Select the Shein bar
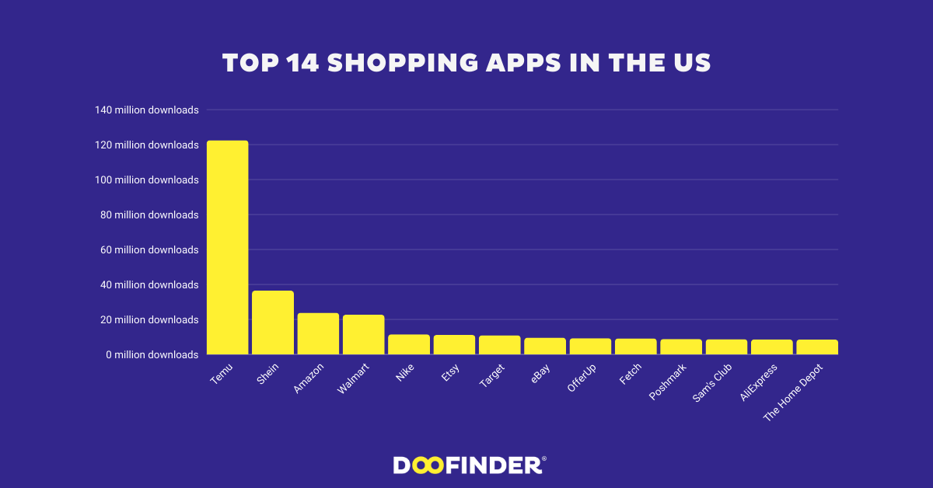(x=273, y=322)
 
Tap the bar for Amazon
(x=318, y=333)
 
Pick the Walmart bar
(x=363, y=334)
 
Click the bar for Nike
(x=409, y=344)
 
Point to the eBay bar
(x=545, y=346)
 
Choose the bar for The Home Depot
(x=817, y=347)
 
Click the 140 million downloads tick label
(x=147, y=110)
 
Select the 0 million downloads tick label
(x=152, y=355)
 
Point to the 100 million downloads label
(x=147, y=180)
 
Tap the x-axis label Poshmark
(x=668, y=382)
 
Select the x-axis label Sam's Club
(x=712, y=382)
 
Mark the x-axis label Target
(x=493, y=377)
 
